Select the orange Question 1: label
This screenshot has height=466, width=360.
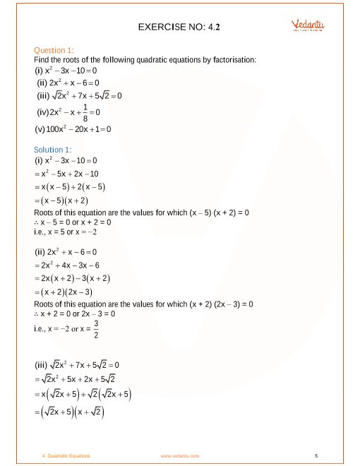[54, 50]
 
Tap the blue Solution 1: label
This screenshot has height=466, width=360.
[53, 150]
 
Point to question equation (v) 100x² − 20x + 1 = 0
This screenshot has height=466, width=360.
[73, 129]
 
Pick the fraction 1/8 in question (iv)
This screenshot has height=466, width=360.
[85, 112]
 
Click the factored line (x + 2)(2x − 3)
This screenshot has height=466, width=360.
[73, 292]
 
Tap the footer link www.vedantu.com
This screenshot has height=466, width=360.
[180, 456]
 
